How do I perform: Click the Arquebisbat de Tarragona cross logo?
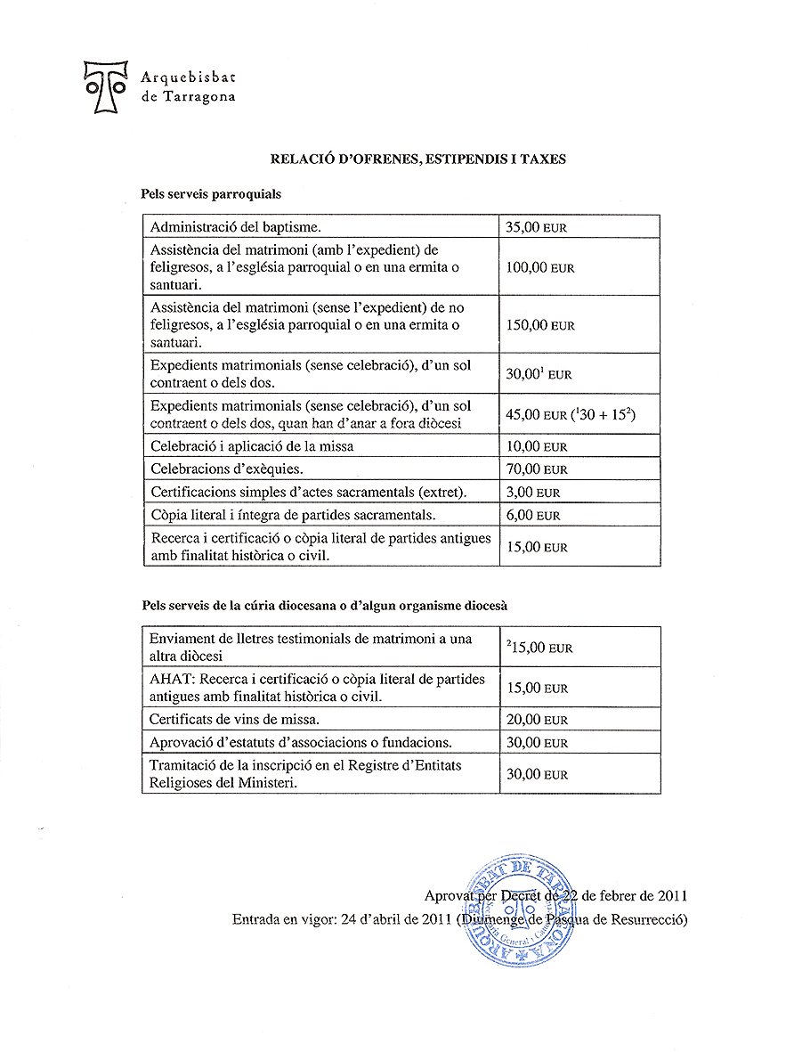coord(105,86)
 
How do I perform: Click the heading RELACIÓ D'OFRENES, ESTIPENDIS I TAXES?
coord(418,159)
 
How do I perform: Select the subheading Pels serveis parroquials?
coord(211,193)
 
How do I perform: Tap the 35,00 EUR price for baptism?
coord(536,227)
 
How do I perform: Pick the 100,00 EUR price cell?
coord(539,267)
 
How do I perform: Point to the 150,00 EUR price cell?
coord(539,325)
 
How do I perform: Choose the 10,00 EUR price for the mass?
coord(536,446)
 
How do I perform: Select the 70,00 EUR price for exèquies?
coord(536,469)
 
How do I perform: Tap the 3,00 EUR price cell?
coord(532,493)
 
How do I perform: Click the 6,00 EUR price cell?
coord(532,516)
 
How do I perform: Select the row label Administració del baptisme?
coord(229,227)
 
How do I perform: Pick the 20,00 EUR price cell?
coord(536,720)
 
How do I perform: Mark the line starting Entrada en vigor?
coord(459,919)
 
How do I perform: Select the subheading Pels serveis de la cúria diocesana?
coord(324,606)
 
